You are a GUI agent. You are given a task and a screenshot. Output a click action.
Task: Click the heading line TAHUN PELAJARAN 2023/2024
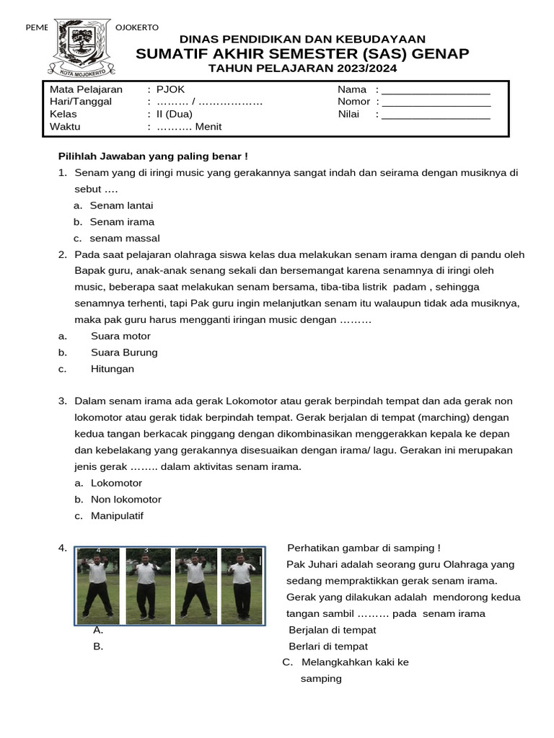coord(302,68)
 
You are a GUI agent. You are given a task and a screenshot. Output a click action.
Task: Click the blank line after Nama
coord(436,92)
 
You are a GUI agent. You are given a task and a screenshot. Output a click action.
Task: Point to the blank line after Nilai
coord(436,116)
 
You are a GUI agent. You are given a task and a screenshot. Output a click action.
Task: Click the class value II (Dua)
coord(175,114)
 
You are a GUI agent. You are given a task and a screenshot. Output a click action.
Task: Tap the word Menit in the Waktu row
coord(208,127)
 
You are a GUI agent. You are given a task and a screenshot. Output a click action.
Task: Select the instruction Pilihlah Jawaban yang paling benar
coord(153,156)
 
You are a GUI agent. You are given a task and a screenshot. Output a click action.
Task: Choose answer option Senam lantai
coord(121,205)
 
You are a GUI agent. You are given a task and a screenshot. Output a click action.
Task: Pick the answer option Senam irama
coord(122,222)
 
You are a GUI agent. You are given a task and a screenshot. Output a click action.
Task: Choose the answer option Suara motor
coord(120,336)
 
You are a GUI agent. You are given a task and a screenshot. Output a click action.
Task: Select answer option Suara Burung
coord(124,352)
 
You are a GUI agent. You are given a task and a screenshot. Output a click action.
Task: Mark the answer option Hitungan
coord(113,369)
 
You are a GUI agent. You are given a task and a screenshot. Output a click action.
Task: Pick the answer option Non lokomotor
coord(126,499)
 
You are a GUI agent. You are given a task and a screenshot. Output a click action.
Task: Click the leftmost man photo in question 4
coord(99,584)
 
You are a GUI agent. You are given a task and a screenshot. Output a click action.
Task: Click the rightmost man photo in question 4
coord(242,584)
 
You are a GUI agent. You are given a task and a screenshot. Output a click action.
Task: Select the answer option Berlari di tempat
coord(328,646)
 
